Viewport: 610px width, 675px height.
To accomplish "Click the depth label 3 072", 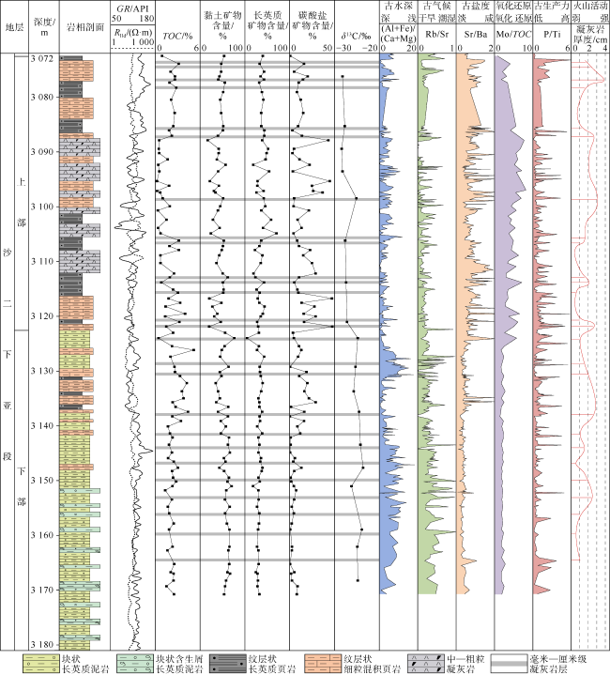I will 42,59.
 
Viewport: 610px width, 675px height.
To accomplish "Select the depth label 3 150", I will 42,481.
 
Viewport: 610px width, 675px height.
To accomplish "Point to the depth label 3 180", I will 42,644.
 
